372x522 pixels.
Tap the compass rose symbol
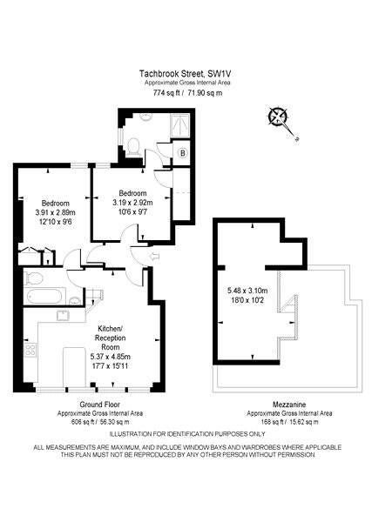279,117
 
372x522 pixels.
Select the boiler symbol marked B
182,153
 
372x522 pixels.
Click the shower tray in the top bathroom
180,126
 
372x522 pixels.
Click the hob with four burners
30,349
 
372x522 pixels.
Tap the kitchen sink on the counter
63,315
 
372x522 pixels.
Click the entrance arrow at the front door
155,257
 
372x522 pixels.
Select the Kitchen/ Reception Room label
109,338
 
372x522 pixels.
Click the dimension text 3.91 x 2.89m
55,212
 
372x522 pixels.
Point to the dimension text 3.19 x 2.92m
132,202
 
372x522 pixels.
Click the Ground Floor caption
99,405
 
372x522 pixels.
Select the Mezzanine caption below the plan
289,405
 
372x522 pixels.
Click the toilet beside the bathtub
33,278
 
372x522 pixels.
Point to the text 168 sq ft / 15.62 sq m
289,422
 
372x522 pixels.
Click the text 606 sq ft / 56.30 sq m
100,422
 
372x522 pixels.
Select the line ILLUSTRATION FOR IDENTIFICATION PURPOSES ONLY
187,434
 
